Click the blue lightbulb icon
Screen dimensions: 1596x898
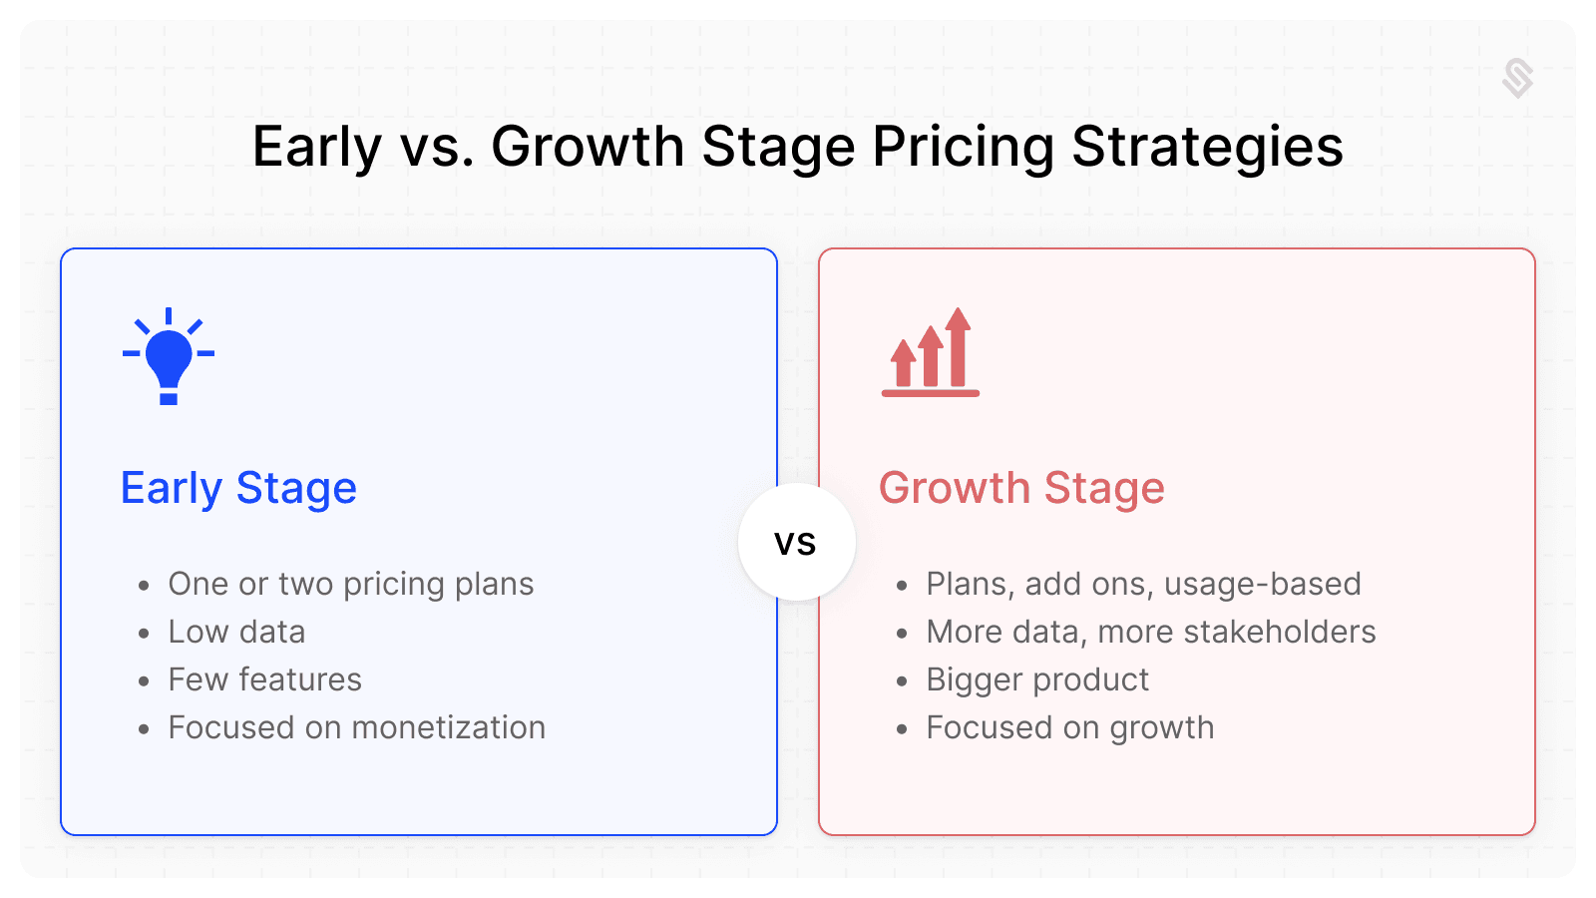pos(169,356)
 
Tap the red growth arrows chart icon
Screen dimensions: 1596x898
pos(931,352)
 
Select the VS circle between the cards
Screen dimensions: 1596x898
pos(797,543)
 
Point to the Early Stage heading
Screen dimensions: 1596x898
pos(238,490)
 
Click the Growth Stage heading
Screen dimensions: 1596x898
pos(1021,488)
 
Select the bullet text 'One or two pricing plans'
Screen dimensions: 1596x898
pos(351,585)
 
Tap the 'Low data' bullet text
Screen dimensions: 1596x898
pos(236,632)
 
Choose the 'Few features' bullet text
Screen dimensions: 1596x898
pos(265,679)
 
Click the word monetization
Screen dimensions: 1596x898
pos(449,727)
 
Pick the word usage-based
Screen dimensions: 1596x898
pos(1263,585)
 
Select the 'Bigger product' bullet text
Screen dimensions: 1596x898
pos(1037,679)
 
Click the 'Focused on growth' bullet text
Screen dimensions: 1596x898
pos(1070,728)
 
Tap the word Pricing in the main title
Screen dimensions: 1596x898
pos(964,148)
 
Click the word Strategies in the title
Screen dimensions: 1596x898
pos(1208,148)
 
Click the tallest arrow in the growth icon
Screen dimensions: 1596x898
pos(959,347)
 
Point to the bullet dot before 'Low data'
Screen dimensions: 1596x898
pos(144,633)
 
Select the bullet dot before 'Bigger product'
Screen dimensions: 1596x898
pos(902,681)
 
